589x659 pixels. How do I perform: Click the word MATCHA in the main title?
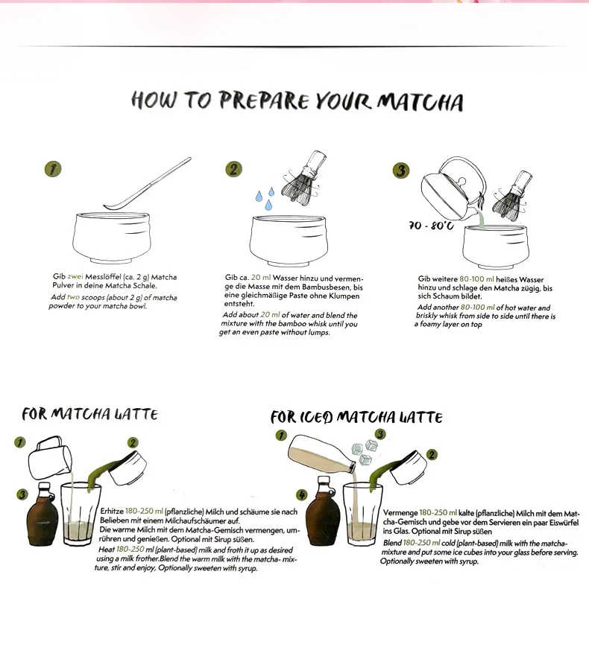(420, 102)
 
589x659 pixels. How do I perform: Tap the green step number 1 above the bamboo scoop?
(53, 169)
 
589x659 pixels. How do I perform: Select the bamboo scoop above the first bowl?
(148, 184)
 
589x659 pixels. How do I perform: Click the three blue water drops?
(265, 199)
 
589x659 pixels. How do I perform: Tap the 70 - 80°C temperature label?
(431, 226)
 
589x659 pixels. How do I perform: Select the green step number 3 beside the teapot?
(401, 171)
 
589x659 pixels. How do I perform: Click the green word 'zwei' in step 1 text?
(75, 276)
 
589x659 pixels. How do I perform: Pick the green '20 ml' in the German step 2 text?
(261, 278)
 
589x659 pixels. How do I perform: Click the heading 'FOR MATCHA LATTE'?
(90, 414)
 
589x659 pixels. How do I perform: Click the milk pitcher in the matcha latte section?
(50, 458)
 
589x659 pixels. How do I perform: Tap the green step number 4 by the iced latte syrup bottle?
(302, 494)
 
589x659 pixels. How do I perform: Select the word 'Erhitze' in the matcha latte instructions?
(112, 512)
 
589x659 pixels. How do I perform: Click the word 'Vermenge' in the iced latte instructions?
(400, 513)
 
